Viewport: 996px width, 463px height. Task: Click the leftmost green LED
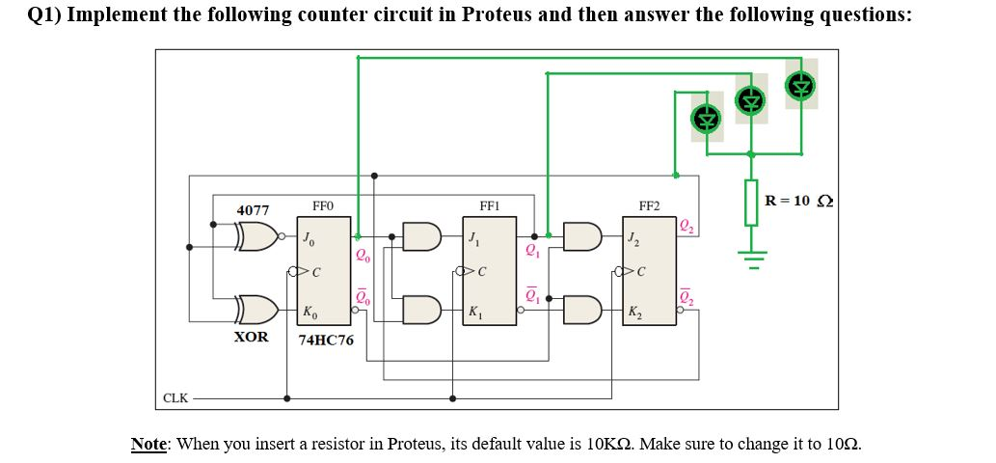pos(709,119)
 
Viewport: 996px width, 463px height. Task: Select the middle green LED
pos(751,98)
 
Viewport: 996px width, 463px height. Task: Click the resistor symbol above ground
pos(751,204)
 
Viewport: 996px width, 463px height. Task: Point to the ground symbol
pos(751,254)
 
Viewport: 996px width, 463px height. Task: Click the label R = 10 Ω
pos(798,201)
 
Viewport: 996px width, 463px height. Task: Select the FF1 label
pos(489,206)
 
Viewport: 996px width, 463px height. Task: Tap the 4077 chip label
pos(253,209)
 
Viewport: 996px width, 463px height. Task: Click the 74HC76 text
pos(326,340)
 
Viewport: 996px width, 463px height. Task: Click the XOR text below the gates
pos(252,337)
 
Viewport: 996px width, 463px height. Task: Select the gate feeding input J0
pos(256,233)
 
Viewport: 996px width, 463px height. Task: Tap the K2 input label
pos(633,313)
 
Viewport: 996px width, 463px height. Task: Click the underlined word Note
pos(149,444)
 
